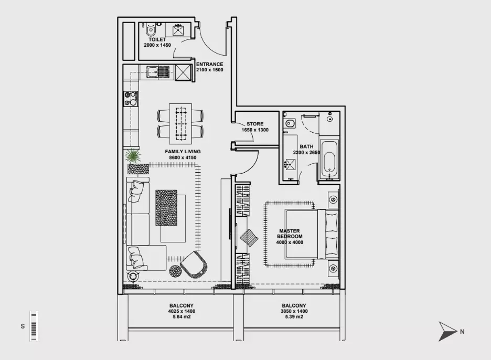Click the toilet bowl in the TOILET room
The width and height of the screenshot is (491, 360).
[151, 30]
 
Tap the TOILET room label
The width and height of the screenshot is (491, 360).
[157, 40]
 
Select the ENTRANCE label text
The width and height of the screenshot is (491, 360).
[209, 64]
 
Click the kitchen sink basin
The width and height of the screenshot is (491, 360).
[153, 72]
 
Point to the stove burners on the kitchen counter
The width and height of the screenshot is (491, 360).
[131, 98]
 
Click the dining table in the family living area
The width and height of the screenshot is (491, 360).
[180, 122]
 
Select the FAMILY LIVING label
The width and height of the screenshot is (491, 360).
[183, 152]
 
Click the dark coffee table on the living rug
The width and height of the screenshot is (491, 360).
[166, 208]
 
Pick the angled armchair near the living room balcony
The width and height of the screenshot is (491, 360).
[194, 264]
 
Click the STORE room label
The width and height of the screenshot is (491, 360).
[255, 124]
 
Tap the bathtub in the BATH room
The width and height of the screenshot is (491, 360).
[329, 159]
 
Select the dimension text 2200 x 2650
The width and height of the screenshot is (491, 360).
[306, 153]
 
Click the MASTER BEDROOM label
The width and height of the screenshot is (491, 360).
[290, 234]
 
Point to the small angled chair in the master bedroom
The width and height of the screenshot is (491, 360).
[249, 238]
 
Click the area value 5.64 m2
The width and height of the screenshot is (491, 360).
[182, 317]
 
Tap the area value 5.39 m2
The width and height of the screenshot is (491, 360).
[294, 317]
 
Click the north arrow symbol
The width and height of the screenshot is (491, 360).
[447, 331]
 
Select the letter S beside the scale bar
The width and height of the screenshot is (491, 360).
[23, 326]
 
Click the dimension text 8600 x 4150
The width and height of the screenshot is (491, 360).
[183, 157]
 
